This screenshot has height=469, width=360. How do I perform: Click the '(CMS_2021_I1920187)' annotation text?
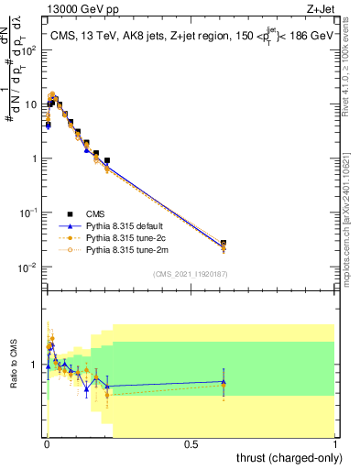click(x=191, y=273)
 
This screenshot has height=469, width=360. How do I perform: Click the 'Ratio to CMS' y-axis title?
click(x=13, y=364)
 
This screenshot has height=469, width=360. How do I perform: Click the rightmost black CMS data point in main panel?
click(x=224, y=244)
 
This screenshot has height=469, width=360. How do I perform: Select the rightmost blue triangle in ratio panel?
click(x=224, y=381)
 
